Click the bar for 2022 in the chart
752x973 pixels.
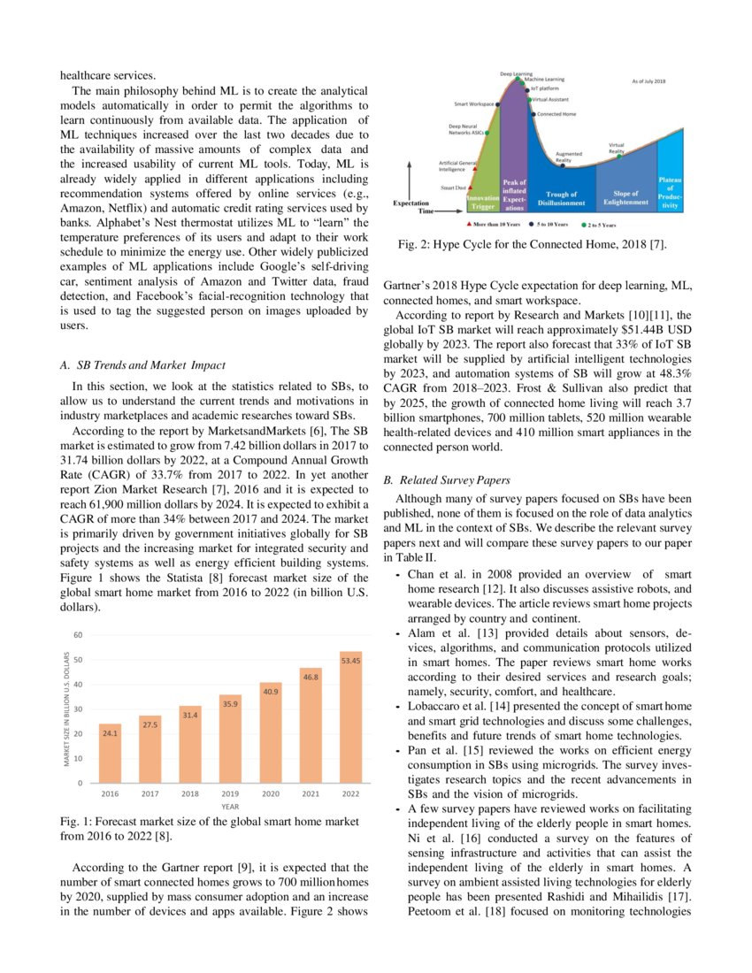350,717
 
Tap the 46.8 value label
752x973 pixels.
311,676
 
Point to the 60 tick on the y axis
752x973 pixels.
78,635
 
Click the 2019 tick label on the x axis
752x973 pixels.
230,793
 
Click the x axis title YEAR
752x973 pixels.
230,807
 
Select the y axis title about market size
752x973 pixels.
66,709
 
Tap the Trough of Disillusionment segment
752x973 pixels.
561,198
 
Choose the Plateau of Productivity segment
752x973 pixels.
671,193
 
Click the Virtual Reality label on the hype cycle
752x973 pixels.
617,148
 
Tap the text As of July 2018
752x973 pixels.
648,81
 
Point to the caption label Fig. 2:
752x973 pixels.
413,242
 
